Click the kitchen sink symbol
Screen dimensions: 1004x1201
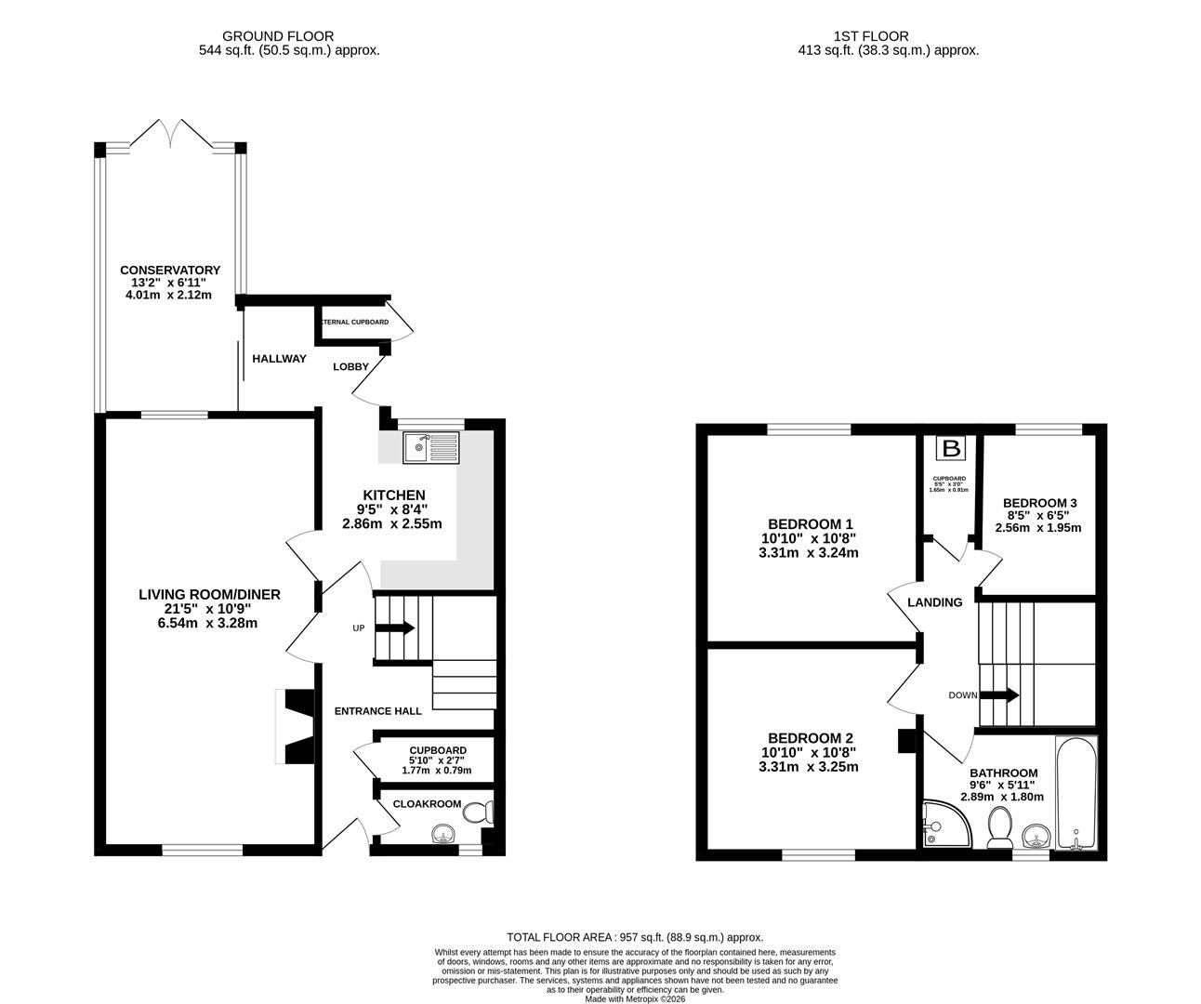[431, 448]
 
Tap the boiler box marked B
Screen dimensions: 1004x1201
[950, 449]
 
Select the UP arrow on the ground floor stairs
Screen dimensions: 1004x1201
[394, 627]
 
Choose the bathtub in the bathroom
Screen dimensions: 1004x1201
[1076, 794]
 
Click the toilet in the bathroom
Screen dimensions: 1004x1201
[1000, 826]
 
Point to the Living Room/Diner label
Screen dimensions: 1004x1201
[209, 595]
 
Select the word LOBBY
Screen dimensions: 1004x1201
[351, 366]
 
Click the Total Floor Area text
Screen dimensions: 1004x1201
[634, 937]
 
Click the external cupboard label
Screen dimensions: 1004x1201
[355, 322]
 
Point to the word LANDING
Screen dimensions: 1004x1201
[934, 602]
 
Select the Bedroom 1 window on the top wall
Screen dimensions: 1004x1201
[808, 429]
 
